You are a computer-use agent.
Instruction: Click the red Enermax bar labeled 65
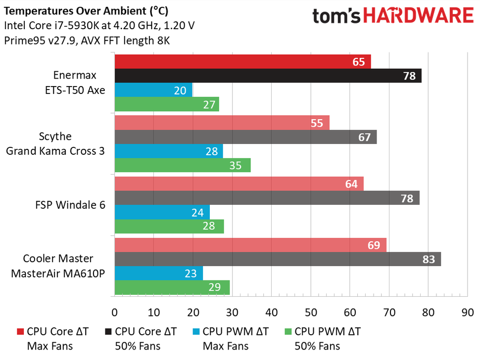tap(242, 62)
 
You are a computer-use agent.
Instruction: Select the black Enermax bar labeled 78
tap(268, 76)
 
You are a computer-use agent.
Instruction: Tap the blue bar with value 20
tap(153, 90)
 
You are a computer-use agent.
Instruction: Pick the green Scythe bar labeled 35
tap(183, 165)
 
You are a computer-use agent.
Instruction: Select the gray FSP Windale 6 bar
tap(267, 198)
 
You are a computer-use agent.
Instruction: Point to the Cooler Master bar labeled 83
tap(278, 259)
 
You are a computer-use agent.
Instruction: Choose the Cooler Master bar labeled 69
tap(250, 245)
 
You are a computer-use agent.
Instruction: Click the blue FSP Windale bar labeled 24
tap(162, 212)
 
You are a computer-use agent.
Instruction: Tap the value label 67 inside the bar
tap(365, 137)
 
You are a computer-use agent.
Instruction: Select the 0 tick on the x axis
tap(115, 312)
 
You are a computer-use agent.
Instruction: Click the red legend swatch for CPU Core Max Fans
tap(20, 332)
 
